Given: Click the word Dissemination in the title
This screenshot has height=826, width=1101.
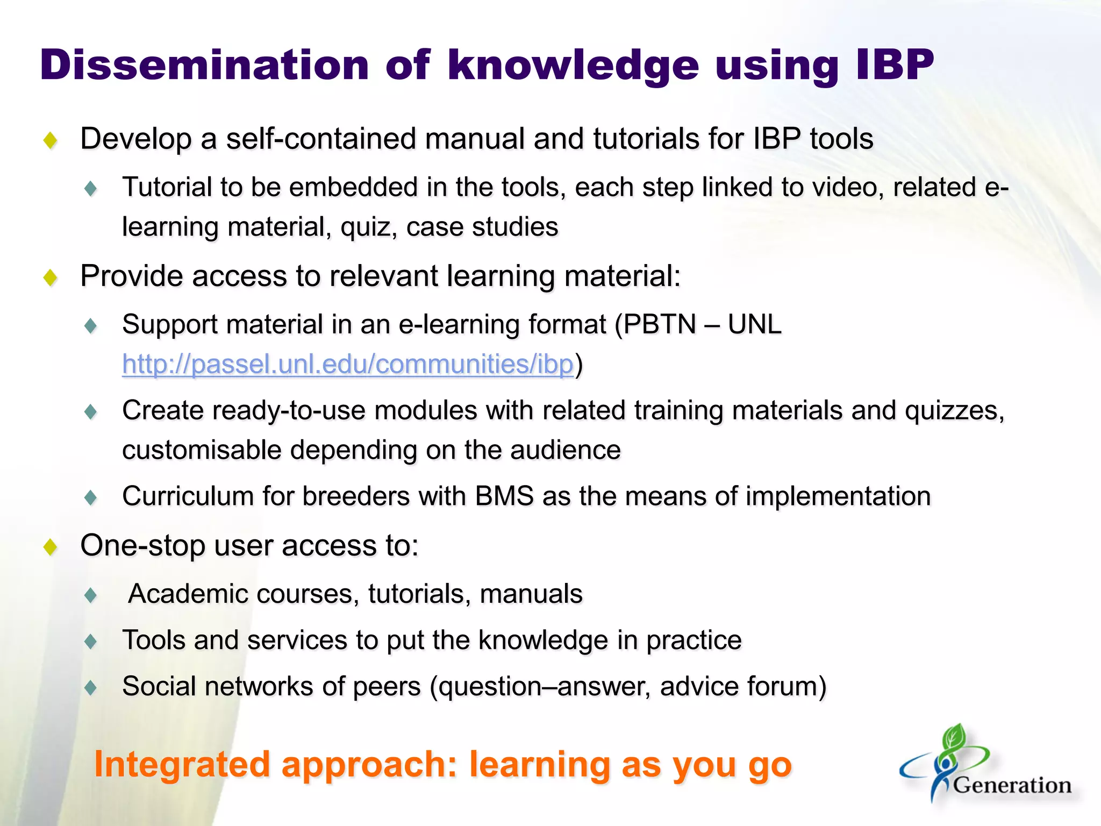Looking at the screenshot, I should click(204, 66).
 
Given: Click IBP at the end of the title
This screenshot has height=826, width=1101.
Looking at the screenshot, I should click(895, 66).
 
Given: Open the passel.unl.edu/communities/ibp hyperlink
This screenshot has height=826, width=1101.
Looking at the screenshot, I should click(348, 365).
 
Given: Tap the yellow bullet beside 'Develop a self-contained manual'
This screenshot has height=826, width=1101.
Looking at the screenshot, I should click(51, 141).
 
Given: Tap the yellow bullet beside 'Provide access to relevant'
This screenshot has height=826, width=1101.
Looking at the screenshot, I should click(51, 278).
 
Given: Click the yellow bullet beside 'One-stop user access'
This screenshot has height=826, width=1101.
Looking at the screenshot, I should click(51, 547).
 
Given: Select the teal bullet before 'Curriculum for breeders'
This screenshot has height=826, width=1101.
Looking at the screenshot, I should click(91, 497).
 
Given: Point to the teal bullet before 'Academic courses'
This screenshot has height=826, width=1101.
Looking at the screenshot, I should click(91, 595).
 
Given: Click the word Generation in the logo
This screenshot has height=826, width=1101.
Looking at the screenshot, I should click(1012, 786).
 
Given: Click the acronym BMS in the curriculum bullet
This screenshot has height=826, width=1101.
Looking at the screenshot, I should click(504, 496).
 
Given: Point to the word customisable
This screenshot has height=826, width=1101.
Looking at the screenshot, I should click(202, 450).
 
